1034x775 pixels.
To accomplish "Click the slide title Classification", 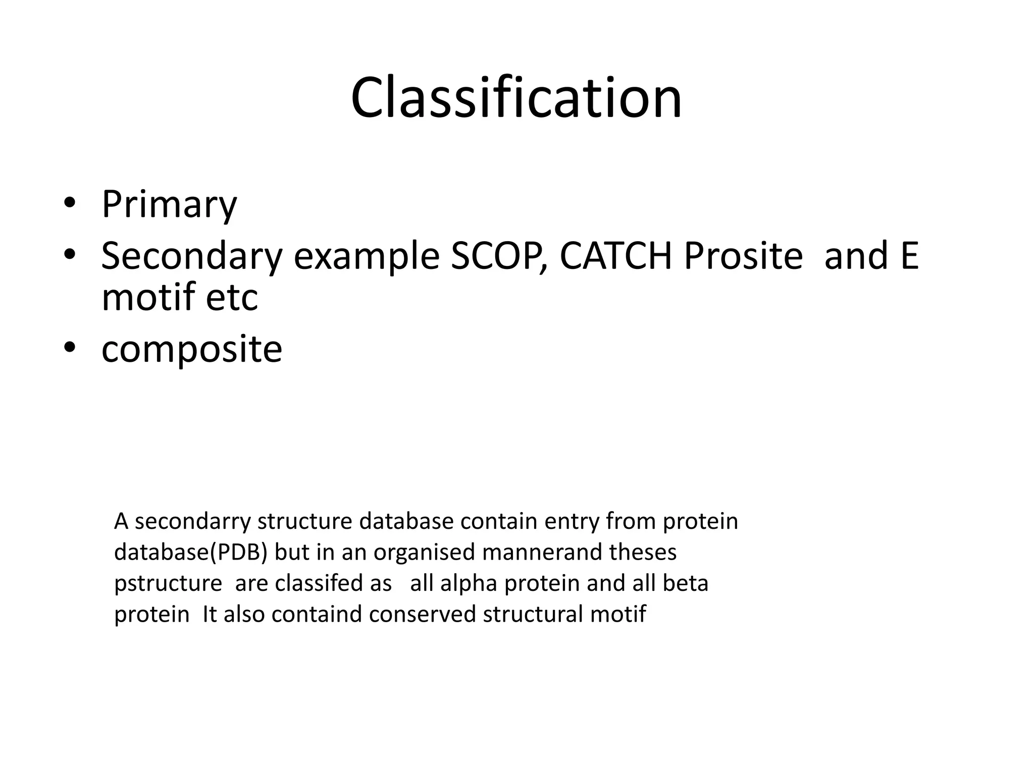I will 516,98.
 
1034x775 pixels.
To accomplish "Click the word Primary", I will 169,204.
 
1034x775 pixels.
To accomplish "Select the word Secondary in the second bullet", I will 191,256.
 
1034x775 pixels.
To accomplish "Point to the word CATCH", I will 615,256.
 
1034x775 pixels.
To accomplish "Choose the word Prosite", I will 743,256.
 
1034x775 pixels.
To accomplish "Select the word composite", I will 191,350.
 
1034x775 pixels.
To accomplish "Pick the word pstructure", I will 168,584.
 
